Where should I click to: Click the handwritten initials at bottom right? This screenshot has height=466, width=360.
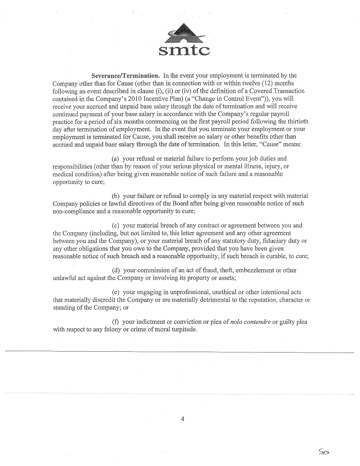323,451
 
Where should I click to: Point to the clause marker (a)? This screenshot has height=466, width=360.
115,159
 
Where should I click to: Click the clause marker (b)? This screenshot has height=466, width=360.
115,196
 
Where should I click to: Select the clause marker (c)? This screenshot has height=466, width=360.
115,225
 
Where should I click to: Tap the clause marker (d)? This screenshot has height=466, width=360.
115,270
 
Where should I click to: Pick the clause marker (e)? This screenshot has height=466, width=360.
115,292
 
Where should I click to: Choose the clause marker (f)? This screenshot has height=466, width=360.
115,322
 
